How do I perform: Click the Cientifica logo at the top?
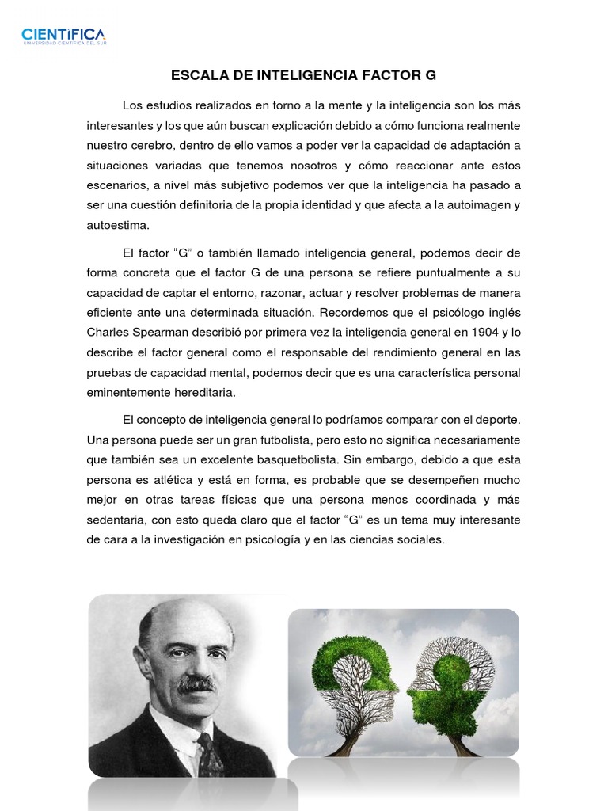[63, 35]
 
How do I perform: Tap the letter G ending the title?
[431, 76]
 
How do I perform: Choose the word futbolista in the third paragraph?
[280, 440]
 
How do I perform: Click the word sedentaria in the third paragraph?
[116, 520]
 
